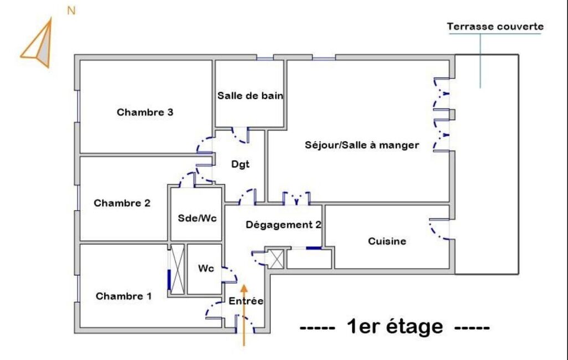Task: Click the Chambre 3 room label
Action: click(145, 112)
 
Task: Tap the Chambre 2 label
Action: click(122, 203)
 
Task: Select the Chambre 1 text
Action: click(124, 296)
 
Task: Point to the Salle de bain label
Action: click(250, 96)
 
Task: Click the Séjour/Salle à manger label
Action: click(362, 145)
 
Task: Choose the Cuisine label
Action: click(387, 241)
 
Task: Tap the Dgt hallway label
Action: click(240, 165)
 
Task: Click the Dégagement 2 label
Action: click(284, 225)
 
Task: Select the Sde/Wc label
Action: click(197, 218)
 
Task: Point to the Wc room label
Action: click(206, 269)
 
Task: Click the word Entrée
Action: click(246, 301)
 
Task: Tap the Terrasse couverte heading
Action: click(495, 27)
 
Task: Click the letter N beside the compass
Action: click(71, 11)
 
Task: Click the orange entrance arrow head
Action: click(244, 289)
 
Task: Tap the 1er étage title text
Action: click(395, 327)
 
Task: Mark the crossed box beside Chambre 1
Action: click(177, 269)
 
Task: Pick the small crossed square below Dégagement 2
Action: click(276, 259)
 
